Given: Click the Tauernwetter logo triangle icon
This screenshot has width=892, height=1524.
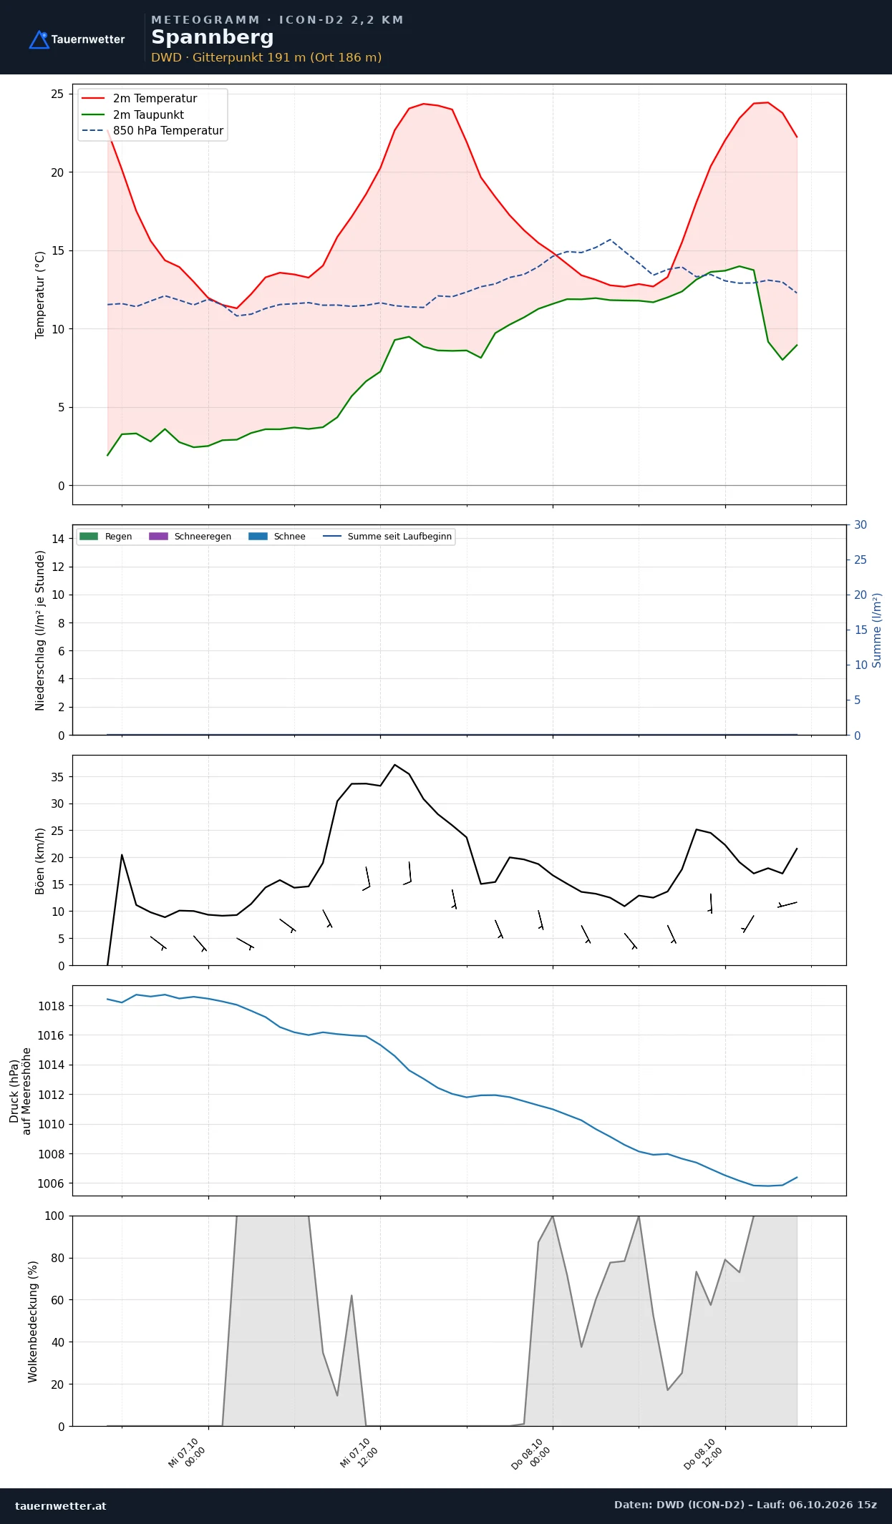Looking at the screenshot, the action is click(x=39, y=39).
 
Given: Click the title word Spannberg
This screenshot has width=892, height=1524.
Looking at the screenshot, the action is click(x=213, y=37).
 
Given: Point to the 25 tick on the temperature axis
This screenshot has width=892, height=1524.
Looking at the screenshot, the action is click(x=57, y=94).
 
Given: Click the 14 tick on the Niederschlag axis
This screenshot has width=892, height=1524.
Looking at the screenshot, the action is click(x=57, y=539).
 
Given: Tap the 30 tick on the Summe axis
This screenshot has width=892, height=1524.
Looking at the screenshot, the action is click(x=861, y=525).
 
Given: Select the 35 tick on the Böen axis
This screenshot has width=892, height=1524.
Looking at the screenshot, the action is click(x=57, y=777).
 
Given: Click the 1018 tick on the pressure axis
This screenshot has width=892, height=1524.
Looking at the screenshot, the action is click(x=51, y=1006).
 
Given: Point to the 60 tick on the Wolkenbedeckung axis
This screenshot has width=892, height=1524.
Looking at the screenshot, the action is click(x=57, y=1300).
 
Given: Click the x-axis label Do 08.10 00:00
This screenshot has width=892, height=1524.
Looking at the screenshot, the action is click(x=530, y=1454).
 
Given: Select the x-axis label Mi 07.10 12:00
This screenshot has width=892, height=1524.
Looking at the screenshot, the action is click(x=359, y=1453).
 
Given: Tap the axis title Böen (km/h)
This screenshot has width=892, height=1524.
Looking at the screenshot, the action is click(x=40, y=861).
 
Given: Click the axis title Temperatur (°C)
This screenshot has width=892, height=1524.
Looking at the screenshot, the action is click(x=40, y=295).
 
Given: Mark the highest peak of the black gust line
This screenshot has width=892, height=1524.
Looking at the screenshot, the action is click(x=394, y=765).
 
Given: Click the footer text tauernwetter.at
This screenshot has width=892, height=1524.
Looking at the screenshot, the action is click(x=61, y=1506).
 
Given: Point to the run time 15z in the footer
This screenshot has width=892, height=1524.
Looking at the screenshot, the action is click(x=866, y=1505).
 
